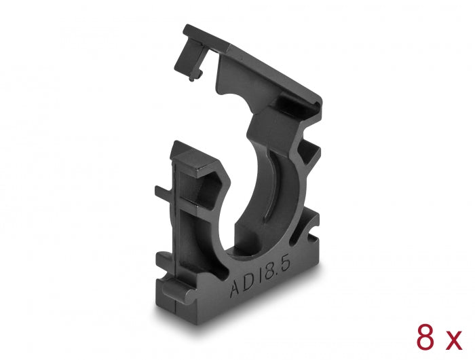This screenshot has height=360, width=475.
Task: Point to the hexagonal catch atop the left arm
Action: pos(197,163)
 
